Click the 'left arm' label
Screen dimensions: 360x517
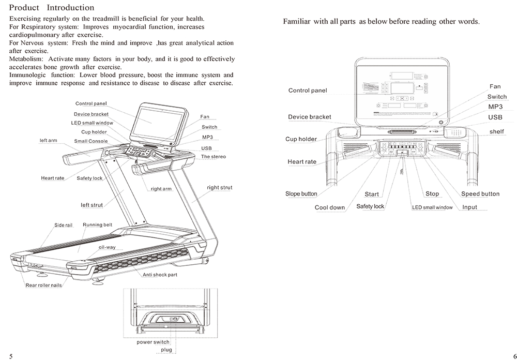tap(49, 140)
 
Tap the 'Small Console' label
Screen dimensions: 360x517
tap(91, 141)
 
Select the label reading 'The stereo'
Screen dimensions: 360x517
tap(213, 156)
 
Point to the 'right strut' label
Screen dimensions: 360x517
tap(219, 188)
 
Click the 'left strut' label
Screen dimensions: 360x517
tap(92, 205)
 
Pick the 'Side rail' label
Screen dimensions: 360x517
tap(63, 225)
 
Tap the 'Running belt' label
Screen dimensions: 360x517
tap(97, 225)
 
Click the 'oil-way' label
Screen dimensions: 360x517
tap(107, 247)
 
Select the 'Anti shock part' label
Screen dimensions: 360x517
tap(160, 275)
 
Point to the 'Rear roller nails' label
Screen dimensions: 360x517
tap(44, 286)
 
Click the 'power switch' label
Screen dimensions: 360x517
tap(153, 342)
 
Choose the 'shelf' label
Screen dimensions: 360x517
tap(496, 131)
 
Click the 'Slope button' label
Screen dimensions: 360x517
tap(301, 194)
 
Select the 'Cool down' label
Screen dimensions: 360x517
tap(329, 207)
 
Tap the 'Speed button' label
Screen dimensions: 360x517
tap(480, 194)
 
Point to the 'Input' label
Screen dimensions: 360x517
tap(469, 207)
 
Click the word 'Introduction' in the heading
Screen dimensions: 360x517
tap(70, 8)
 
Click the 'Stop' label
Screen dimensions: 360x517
tap(432, 194)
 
